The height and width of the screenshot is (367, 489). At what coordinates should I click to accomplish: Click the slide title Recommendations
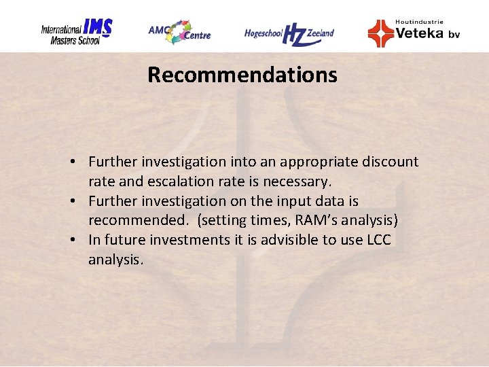(242, 75)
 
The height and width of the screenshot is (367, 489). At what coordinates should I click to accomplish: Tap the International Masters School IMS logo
(76, 31)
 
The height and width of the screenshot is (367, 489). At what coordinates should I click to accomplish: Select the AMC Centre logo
(179, 31)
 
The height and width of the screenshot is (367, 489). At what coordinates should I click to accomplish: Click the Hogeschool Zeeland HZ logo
(289, 33)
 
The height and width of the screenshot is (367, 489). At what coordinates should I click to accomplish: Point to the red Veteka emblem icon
(380, 33)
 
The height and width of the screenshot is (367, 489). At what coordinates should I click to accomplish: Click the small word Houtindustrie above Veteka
(419, 22)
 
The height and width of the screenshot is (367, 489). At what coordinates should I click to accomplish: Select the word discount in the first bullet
(391, 162)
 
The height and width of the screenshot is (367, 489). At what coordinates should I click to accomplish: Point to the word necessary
(298, 181)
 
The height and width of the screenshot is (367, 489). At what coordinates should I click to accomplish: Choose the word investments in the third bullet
(188, 241)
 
